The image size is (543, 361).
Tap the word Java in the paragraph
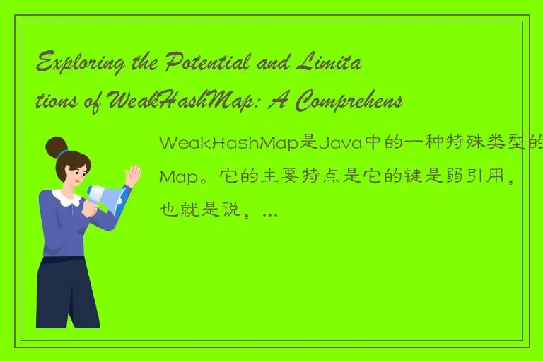[340, 144]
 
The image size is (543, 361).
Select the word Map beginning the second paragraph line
[177, 176]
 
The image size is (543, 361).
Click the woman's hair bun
[56, 147]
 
